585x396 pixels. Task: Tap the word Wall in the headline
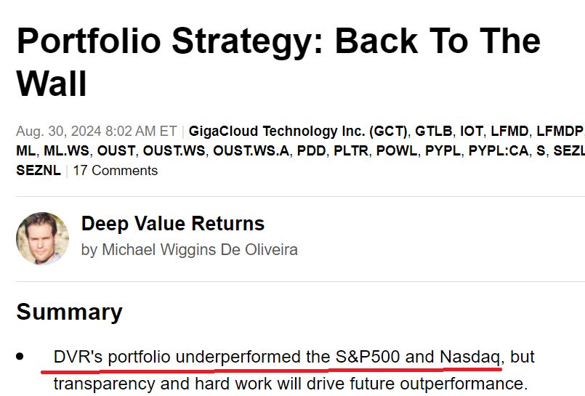[x=52, y=84]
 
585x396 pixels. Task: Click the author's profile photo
[x=42, y=238]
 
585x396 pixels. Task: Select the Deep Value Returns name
[x=172, y=224]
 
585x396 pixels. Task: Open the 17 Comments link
[x=115, y=171]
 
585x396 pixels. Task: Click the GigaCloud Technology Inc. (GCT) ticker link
[x=299, y=132]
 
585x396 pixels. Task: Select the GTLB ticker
[x=434, y=132]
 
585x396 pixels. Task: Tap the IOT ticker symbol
[x=472, y=132]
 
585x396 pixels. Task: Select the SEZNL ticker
[x=38, y=171]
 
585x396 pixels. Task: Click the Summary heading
[x=69, y=312]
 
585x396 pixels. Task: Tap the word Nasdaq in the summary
[x=469, y=357]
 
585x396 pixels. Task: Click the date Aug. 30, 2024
[x=96, y=132]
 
